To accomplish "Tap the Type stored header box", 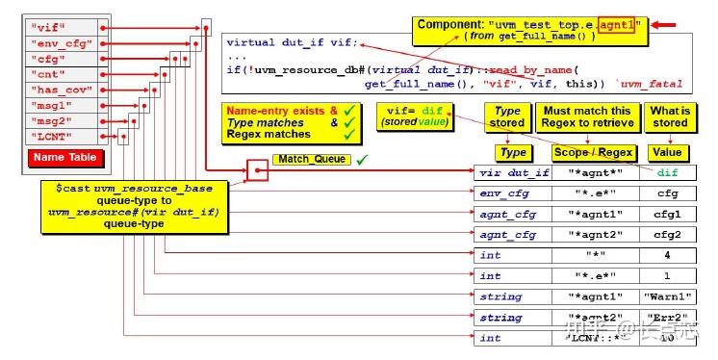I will click(507, 117).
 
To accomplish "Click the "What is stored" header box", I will click(670, 117).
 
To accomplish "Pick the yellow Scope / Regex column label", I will click(588, 152).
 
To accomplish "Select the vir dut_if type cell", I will click(514, 174).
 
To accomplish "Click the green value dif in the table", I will click(668, 174).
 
